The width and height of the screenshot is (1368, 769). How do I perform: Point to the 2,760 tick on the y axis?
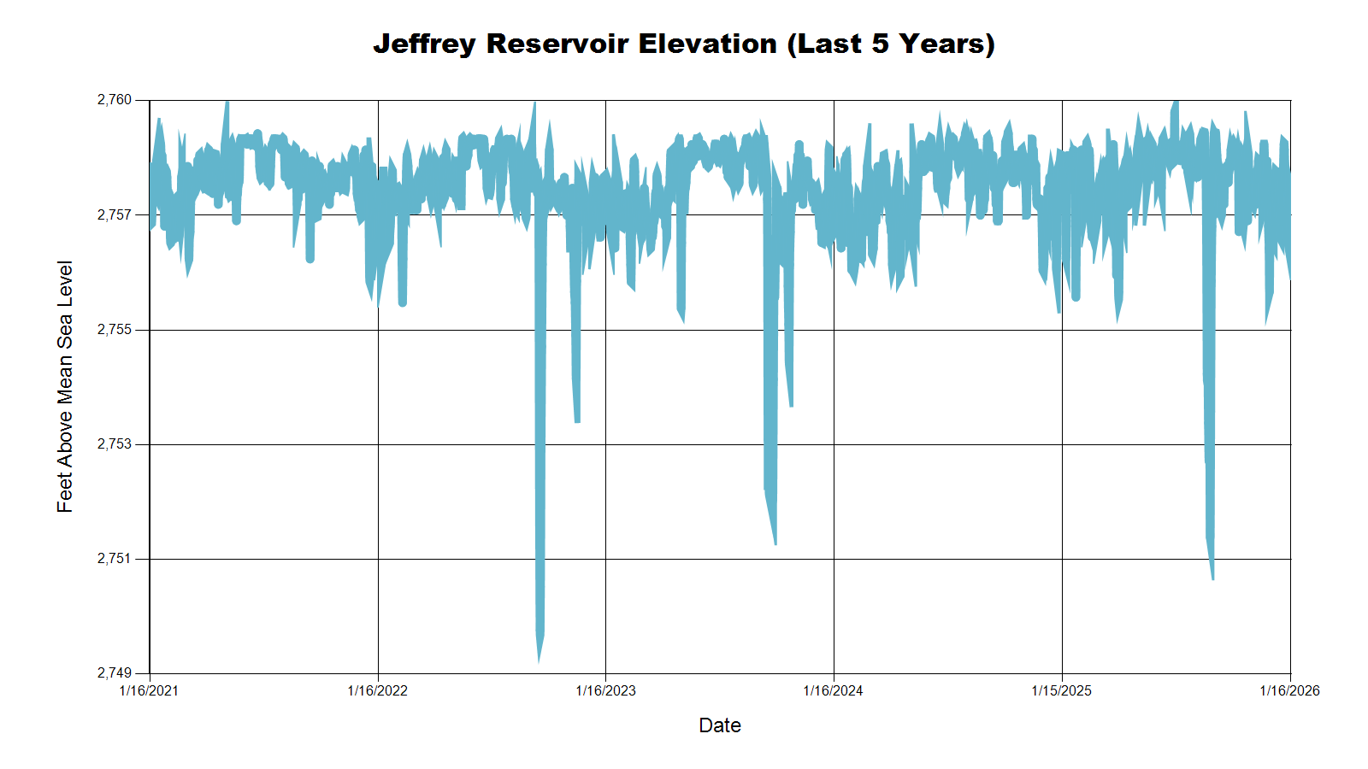[x=115, y=100]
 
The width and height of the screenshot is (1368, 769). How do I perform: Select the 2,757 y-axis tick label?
[x=115, y=214]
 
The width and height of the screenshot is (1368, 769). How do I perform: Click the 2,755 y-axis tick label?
[x=115, y=330]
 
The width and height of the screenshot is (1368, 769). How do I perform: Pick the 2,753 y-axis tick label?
[x=115, y=444]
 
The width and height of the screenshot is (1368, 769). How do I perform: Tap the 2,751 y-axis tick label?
[x=115, y=559]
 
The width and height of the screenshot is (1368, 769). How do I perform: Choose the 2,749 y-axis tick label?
[x=115, y=673]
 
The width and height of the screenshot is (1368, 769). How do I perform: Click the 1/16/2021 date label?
[x=149, y=690]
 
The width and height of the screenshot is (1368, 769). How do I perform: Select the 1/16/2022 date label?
[x=377, y=690]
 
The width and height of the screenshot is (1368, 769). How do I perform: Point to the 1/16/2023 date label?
[x=605, y=690]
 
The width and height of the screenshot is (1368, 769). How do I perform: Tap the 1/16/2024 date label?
[x=833, y=690]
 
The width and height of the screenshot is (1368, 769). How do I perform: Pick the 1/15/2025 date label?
[x=1061, y=690]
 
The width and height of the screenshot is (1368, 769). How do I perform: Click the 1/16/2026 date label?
[x=1289, y=690]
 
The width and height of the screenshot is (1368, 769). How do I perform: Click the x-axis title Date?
[x=720, y=725]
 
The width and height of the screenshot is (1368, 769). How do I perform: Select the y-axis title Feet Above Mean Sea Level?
[x=65, y=386]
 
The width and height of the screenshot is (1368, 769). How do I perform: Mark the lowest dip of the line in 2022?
[x=539, y=660]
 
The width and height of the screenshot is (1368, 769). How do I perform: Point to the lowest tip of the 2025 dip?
[x=1212, y=578]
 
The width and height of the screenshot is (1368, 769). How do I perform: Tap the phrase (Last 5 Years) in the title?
[x=891, y=44]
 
